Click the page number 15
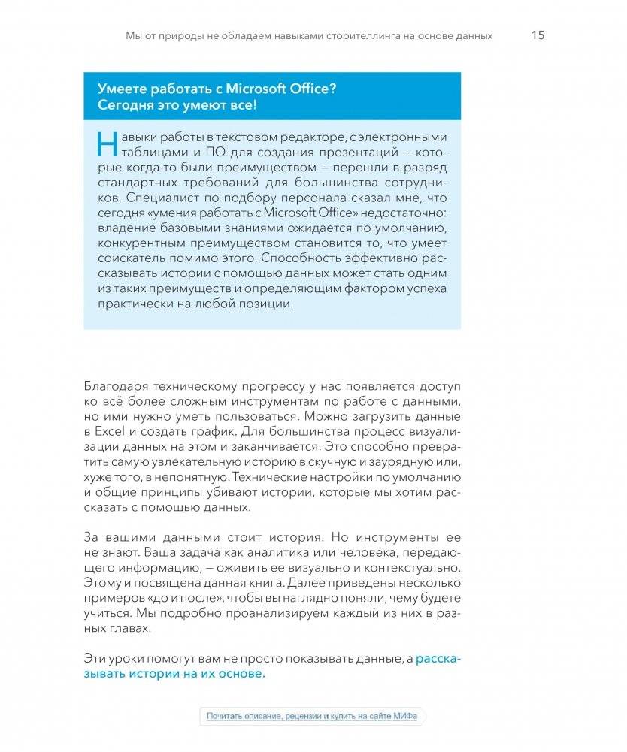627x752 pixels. (x=538, y=35)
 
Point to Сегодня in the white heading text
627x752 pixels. (x=125, y=105)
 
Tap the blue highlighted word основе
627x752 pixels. (x=244, y=673)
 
